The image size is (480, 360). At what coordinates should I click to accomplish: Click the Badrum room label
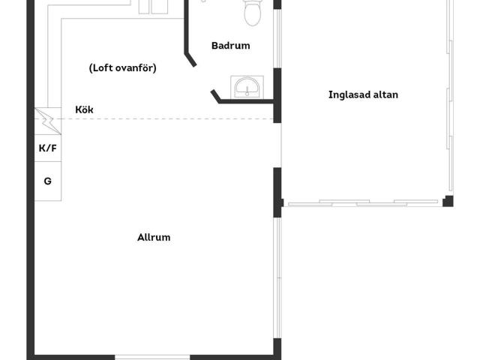(x=230, y=46)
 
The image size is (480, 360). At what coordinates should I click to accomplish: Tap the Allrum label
(x=154, y=237)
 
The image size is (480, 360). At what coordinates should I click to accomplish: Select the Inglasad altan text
(x=363, y=94)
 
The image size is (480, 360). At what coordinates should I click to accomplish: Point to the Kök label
(x=84, y=109)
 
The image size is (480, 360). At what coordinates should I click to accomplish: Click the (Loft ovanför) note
(x=122, y=67)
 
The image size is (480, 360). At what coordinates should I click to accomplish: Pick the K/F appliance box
(x=48, y=148)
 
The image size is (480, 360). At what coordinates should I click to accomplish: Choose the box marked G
(x=48, y=181)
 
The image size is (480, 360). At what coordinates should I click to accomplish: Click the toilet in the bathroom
(x=252, y=12)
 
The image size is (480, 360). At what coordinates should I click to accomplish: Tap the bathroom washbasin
(x=247, y=88)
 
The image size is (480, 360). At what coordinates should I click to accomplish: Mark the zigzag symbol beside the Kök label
(x=48, y=121)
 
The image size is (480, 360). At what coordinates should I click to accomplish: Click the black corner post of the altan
(x=448, y=201)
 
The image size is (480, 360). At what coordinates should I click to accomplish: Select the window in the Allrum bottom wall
(x=152, y=357)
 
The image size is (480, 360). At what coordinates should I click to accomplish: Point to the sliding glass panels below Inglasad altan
(x=363, y=203)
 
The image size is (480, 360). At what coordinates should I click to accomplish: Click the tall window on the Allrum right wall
(x=278, y=277)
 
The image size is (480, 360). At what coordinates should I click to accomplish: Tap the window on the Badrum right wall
(x=277, y=38)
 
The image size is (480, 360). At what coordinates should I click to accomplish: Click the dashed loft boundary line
(x=154, y=118)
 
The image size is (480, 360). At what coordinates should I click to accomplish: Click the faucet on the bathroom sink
(x=247, y=91)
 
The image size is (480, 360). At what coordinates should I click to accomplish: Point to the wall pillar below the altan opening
(x=277, y=192)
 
